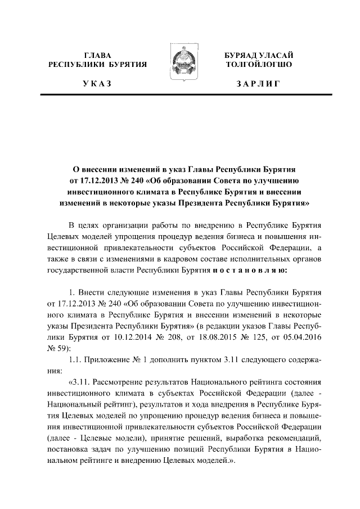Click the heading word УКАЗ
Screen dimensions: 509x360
(97, 84)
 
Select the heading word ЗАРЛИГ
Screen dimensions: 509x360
(258, 84)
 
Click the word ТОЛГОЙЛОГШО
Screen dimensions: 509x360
(258, 65)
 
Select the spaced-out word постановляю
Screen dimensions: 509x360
(250, 270)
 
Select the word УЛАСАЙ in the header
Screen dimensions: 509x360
(276, 55)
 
